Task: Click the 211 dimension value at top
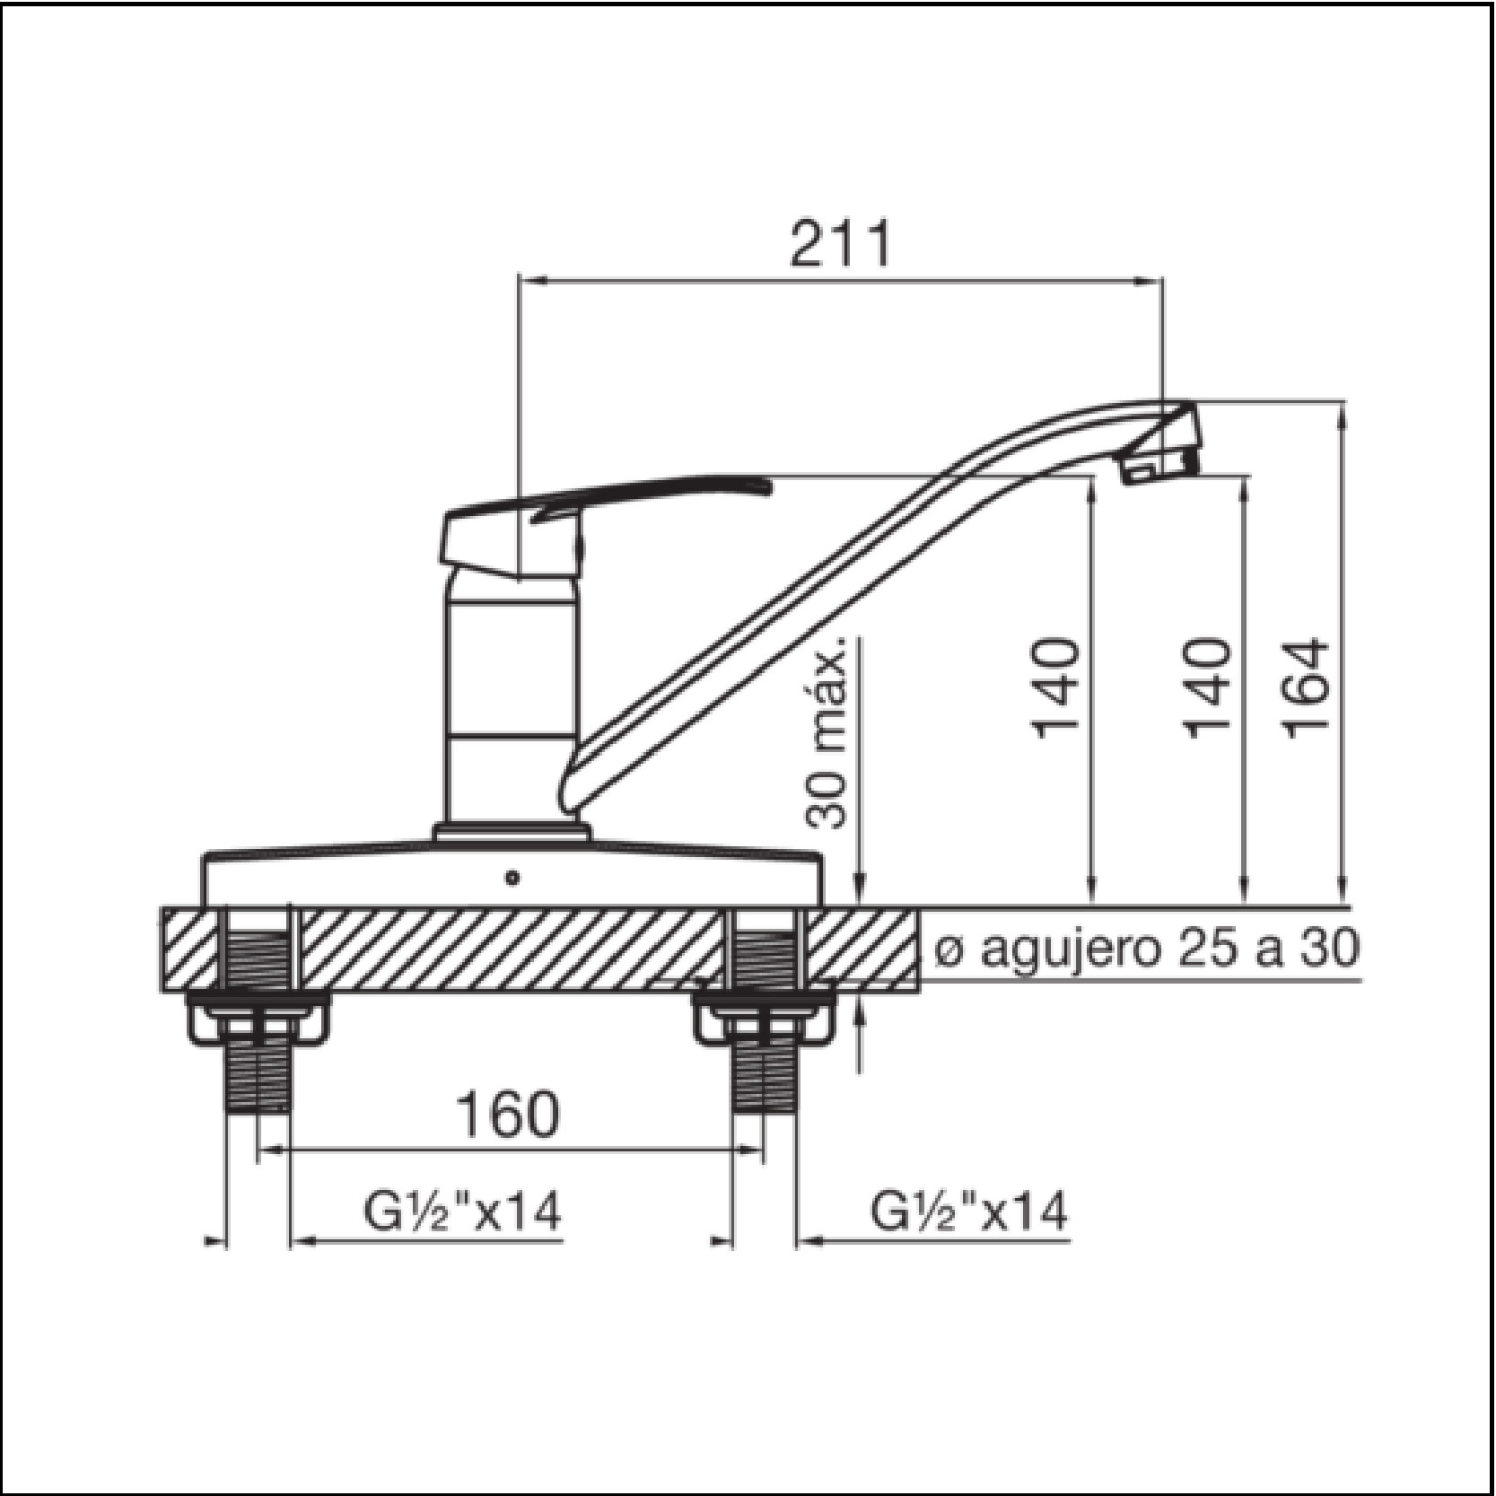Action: [841, 242]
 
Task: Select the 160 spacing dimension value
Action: [508, 1115]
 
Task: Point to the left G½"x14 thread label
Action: [462, 1211]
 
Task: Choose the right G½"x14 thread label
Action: [969, 1211]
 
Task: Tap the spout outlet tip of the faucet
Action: [1162, 467]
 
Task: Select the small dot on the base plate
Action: [512, 878]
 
